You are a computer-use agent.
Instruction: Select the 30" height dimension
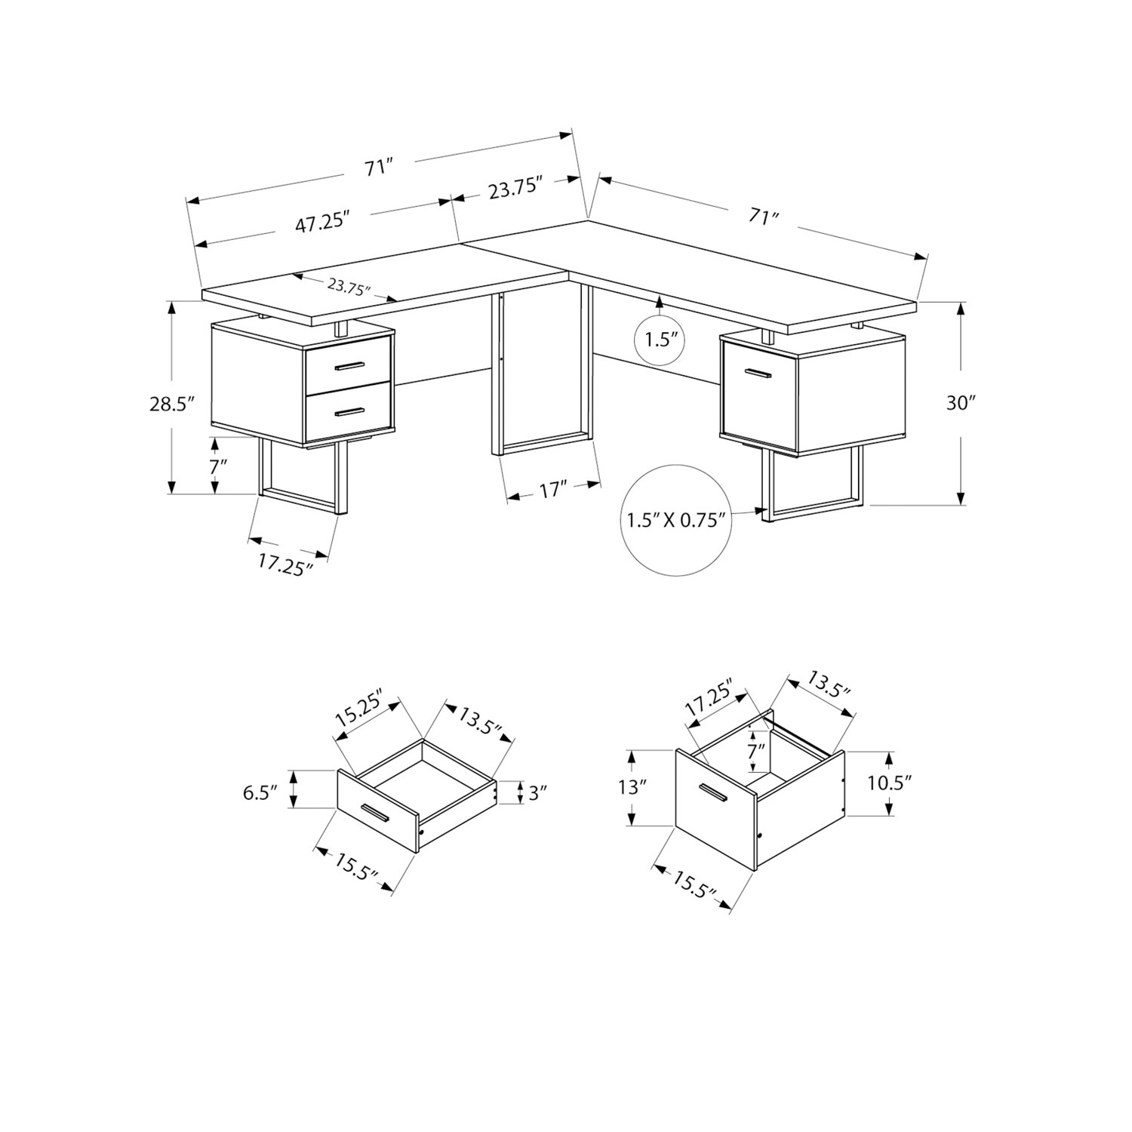(x=961, y=403)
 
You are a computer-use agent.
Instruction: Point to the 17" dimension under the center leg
(x=553, y=491)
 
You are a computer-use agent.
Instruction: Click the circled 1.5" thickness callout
(x=658, y=340)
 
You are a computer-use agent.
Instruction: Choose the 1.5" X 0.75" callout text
(x=675, y=520)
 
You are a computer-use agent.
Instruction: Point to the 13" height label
(x=633, y=788)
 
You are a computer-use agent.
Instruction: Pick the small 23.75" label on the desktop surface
(x=350, y=288)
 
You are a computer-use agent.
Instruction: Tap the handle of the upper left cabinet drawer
(x=349, y=366)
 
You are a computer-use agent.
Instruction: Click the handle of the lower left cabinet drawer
(x=349, y=411)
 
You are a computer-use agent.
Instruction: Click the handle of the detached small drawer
(x=374, y=814)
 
